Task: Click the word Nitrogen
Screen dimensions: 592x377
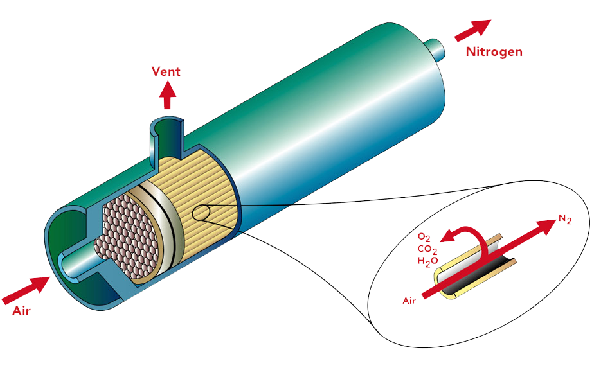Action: point(494,51)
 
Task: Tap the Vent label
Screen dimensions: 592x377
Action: point(166,71)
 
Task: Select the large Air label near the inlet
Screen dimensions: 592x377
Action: point(21,311)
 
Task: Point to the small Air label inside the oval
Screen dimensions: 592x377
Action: point(409,301)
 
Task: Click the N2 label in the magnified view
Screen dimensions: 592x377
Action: point(565,219)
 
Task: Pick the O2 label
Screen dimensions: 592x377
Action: point(424,238)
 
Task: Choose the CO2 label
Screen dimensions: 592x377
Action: point(427,250)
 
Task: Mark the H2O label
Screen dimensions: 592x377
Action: point(427,261)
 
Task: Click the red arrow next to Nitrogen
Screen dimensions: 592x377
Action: point(472,30)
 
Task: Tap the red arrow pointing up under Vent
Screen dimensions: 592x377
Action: point(168,96)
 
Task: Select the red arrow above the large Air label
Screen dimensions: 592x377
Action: point(26,290)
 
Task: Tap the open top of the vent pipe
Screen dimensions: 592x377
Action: point(166,125)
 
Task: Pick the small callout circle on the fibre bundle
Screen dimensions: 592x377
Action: point(200,213)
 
